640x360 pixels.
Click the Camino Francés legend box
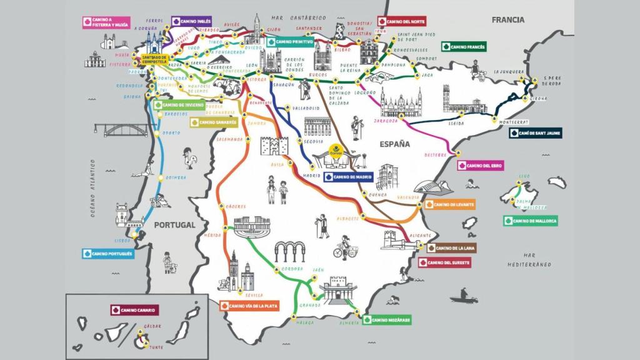tap(464, 46)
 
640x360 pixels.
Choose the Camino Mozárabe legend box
tap(387, 320)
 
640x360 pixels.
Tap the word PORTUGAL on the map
tap(174, 225)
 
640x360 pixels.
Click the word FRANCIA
tap(507, 20)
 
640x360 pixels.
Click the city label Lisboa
tap(122, 239)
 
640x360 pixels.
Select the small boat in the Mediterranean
tap(464, 294)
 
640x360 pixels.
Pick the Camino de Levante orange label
tap(449, 204)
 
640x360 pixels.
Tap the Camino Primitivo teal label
tap(291, 42)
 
